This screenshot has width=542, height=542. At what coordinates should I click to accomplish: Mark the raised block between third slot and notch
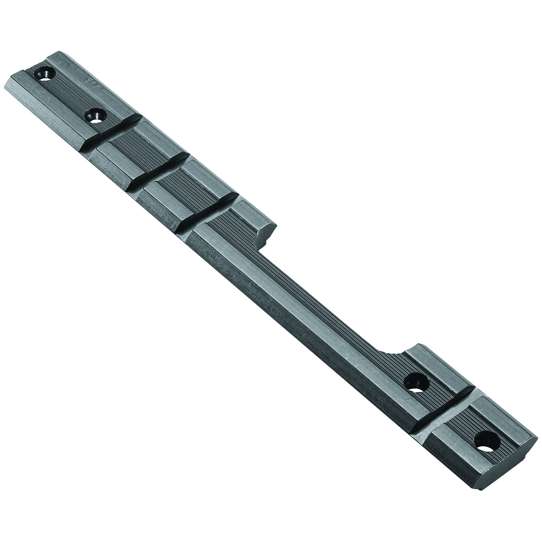click(235, 220)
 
